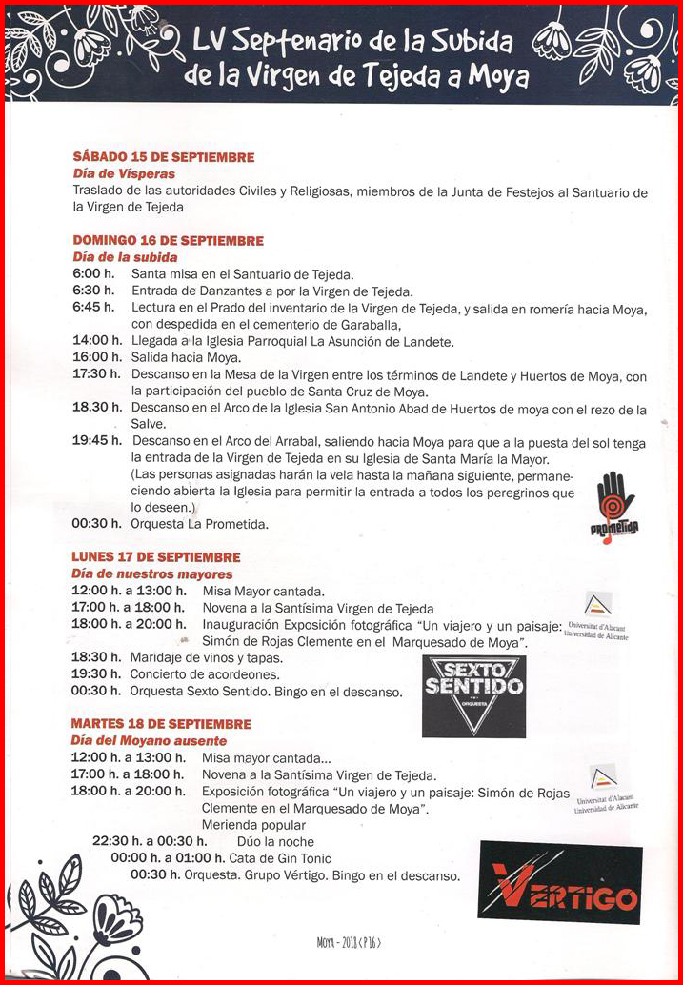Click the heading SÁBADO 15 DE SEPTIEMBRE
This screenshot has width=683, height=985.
[x=164, y=157]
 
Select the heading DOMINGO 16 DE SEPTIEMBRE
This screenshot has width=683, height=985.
[x=168, y=240]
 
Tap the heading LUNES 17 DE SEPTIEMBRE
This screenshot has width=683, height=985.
[x=156, y=557]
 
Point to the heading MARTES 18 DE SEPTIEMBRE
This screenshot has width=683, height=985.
[x=161, y=724]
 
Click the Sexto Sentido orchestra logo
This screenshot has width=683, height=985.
[x=473, y=696]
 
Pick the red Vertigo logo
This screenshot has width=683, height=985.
[x=560, y=882]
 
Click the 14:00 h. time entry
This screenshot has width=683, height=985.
[x=95, y=341]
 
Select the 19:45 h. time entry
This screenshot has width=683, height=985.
[x=97, y=441]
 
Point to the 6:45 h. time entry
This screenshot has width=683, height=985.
[x=93, y=308]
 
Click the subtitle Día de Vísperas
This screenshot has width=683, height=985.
[x=124, y=174]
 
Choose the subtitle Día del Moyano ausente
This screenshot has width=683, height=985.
[x=149, y=740]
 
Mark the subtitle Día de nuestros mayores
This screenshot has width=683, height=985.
[x=152, y=574]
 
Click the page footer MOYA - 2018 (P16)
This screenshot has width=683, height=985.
[x=349, y=943]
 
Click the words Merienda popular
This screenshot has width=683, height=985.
[x=253, y=825]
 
